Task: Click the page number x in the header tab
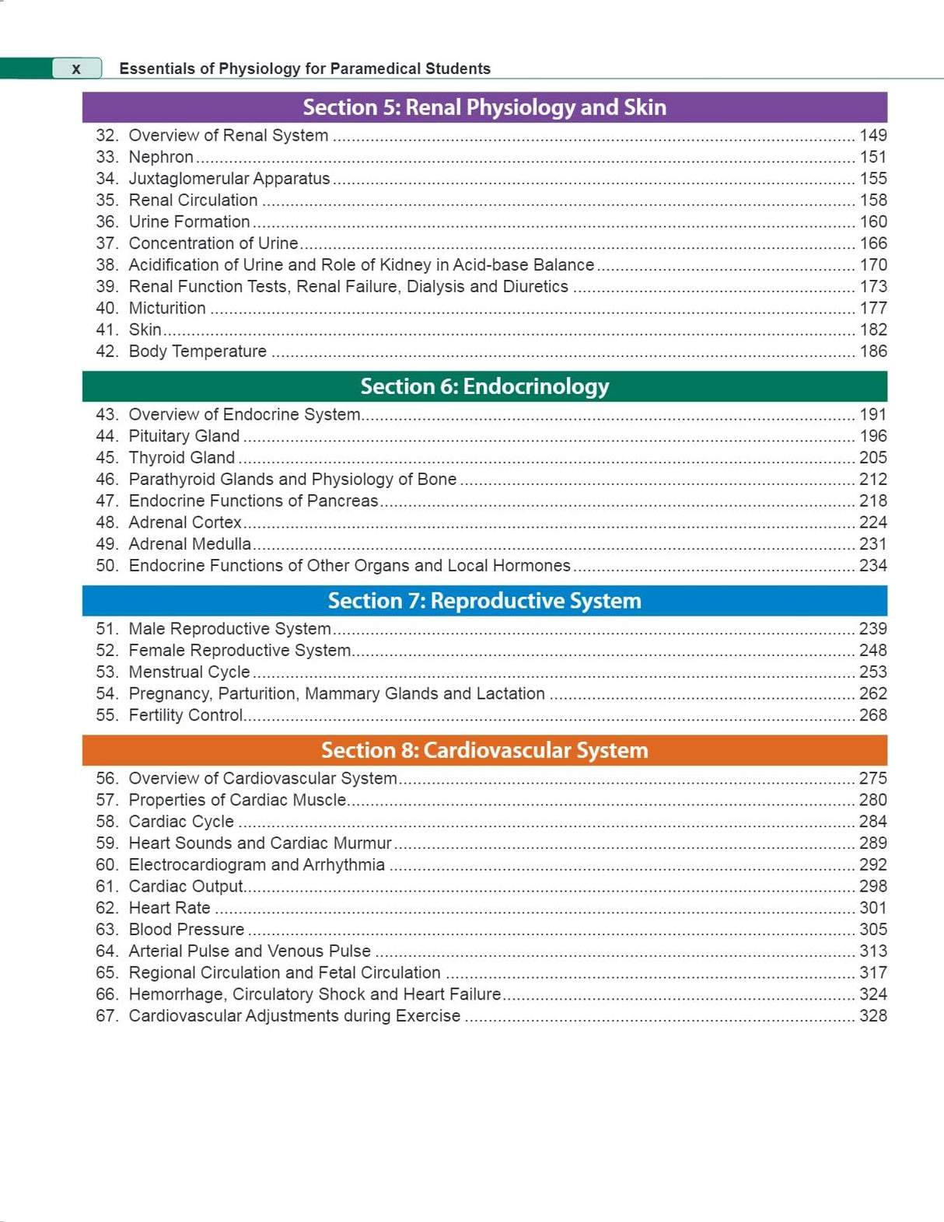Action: (x=76, y=68)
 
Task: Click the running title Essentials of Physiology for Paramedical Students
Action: (x=305, y=68)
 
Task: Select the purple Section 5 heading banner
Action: (x=484, y=107)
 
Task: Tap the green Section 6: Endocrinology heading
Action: (x=484, y=386)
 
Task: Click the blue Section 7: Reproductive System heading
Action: (x=484, y=601)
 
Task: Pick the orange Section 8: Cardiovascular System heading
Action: (x=484, y=750)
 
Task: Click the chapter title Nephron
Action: (x=161, y=157)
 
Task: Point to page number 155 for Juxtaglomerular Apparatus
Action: (x=872, y=179)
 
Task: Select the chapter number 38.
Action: (x=107, y=265)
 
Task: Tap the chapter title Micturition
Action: (x=167, y=309)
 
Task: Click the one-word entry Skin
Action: (x=145, y=330)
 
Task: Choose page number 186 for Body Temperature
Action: (x=872, y=351)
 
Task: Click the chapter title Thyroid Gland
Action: (x=182, y=458)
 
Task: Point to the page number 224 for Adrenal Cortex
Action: (x=872, y=522)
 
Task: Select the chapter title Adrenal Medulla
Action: (x=190, y=544)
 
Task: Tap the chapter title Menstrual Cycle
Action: (x=189, y=672)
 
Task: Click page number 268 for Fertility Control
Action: (x=872, y=715)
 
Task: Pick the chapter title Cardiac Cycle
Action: (x=181, y=822)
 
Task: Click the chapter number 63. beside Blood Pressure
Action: (x=107, y=930)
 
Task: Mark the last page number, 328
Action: (x=872, y=1016)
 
